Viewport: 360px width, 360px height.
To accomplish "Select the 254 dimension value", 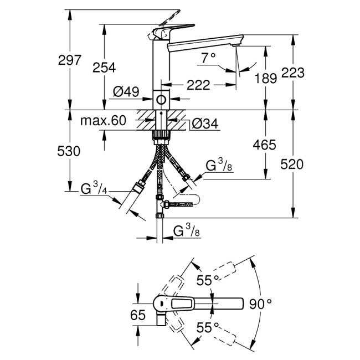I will click(104, 67).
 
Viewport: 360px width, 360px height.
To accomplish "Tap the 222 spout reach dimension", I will click(198, 85).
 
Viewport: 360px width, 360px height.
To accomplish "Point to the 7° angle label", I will click(208, 57).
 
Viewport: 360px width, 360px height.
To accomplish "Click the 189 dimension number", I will click(265, 79).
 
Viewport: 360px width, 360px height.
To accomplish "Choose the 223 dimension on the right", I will click(293, 72).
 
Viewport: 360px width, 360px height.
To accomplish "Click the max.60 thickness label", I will click(103, 120).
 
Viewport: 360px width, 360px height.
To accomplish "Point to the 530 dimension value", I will click(69, 151).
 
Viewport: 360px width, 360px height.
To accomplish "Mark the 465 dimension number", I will click(265, 145).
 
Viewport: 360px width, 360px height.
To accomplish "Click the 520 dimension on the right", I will click(293, 163).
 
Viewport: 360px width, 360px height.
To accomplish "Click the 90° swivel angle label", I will click(260, 304).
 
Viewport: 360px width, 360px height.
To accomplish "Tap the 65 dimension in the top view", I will click(138, 315).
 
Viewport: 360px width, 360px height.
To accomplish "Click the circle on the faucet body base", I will click(161, 100).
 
